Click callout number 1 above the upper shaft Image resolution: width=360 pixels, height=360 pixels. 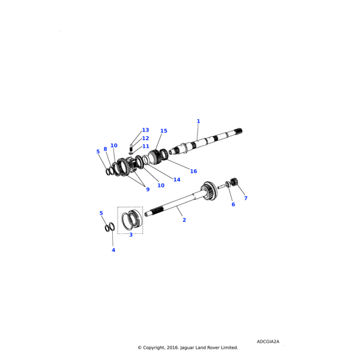(x=199, y=121)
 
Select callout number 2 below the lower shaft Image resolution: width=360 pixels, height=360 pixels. (x=184, y=220)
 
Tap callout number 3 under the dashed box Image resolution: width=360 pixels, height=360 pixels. (x=131, y=235)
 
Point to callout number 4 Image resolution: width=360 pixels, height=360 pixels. (x=113, y=250)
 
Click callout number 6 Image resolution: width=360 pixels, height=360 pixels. (x=233, y=205)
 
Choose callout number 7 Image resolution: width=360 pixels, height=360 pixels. (x=245, y=198)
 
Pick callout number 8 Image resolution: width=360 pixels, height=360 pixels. (x=105, y=149)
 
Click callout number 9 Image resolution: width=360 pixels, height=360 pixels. (x=148, y=190)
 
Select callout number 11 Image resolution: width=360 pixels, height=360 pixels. (x=146, y=146)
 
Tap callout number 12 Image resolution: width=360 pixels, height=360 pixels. (x=145, y=138)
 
